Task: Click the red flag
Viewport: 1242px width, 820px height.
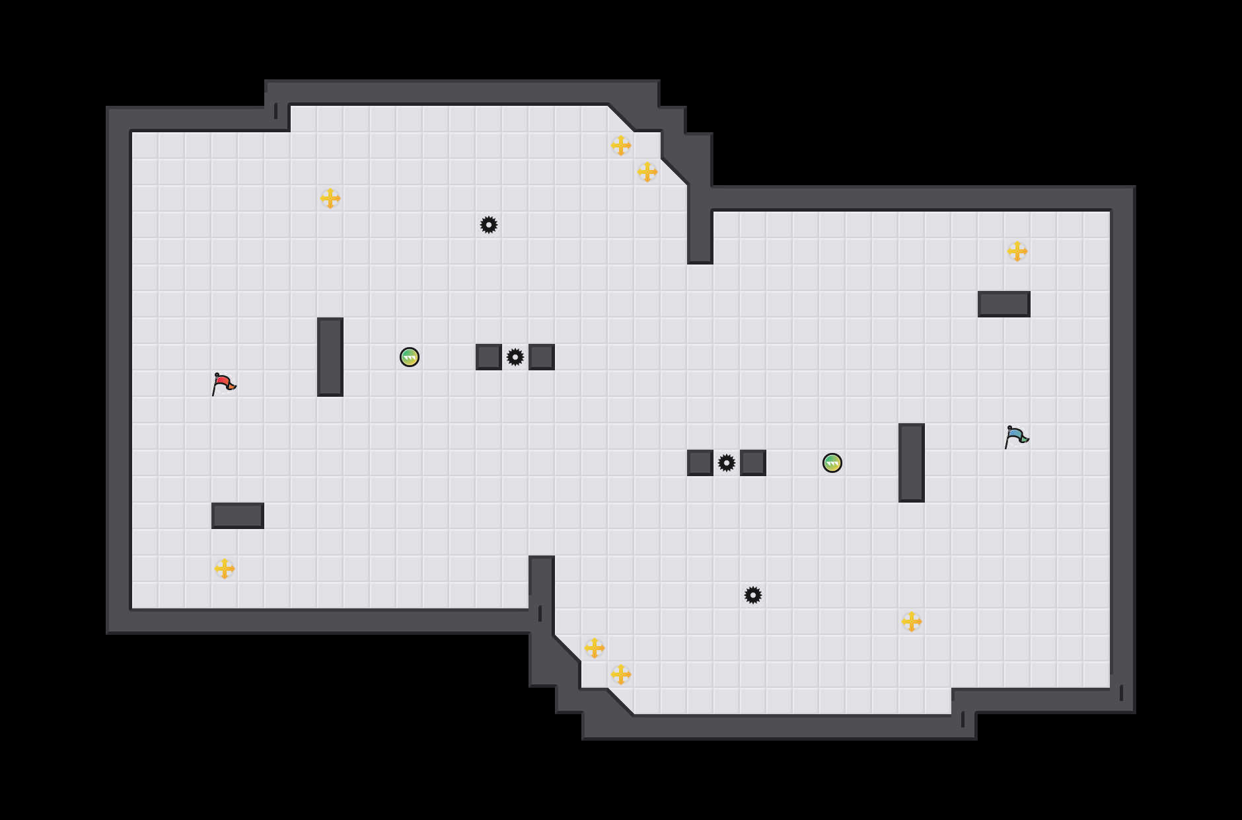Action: (223, 384)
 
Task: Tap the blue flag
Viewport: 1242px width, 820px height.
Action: (1016, 436)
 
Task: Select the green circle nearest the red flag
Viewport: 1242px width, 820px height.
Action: (410, 357)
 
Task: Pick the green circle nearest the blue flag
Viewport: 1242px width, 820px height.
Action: (832, 463)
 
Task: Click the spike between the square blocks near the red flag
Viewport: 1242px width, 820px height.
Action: (515, 357)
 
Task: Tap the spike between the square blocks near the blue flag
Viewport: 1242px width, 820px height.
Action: (727, 463)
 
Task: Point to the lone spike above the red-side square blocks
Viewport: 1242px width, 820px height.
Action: (489, 225)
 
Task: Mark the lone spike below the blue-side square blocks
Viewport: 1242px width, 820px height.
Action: (753, 595)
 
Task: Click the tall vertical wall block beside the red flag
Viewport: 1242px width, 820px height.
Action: (330, 357)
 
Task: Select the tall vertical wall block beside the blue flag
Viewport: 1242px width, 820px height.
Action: (912, 463)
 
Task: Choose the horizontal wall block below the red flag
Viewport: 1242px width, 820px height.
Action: (238, 516)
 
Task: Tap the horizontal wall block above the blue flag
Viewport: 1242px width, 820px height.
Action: (1004, 304)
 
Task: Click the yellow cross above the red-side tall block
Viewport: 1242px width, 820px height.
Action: (330, 198)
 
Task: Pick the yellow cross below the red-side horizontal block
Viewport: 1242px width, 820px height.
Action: (225, 569)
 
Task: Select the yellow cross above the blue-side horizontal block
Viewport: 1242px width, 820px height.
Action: (1017, 251)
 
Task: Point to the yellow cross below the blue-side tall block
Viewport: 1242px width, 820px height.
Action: (912, 622)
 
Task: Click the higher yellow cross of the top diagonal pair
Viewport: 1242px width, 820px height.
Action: (621, 145)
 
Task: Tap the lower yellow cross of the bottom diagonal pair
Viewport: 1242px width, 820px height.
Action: (621, 675)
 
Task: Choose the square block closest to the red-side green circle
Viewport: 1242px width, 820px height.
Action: (489, 357)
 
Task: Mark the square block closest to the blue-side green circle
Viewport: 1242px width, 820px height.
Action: (753, 463)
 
